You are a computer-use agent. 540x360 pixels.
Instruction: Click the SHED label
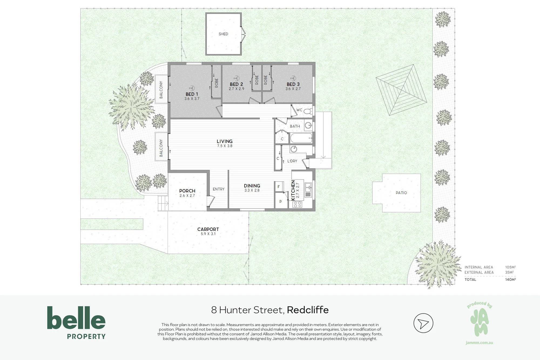click(x=223, y=34)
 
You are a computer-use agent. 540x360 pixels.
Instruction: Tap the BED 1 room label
click(x=192, y=94)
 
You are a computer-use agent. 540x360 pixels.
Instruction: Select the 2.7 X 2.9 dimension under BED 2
click(x=237, y=89)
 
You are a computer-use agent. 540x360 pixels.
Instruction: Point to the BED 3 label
click(x=293, y=84)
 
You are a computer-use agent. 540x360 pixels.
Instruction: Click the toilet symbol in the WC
click(x=308, y=111)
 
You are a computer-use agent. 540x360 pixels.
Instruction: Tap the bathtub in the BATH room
click(x=301, y=138)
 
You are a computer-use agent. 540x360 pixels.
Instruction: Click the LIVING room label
click(x=224, y=141)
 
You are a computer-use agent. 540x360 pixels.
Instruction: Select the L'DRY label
click(x=292, y=161)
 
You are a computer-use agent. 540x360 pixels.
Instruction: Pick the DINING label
click(x=252, y=186)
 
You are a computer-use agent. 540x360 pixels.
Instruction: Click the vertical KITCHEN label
click(x=293, y=190)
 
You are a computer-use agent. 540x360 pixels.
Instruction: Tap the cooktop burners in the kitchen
click(x=297, y=204)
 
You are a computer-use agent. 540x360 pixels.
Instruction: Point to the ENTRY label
click(x=218, y=189)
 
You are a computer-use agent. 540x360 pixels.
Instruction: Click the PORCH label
click(x=187, y=191)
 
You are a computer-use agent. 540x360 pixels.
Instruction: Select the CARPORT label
click(x=208, y=229)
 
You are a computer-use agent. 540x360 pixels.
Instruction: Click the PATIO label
click(x=401, y=193)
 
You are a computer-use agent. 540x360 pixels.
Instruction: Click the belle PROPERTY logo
click(x=76, y=322)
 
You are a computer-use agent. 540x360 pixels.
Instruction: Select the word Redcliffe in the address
click(x=308, y=310)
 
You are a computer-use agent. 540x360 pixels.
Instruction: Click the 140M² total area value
click(x=510, y=280)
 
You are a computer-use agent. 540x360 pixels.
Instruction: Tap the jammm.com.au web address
click(x=479, y=343)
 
